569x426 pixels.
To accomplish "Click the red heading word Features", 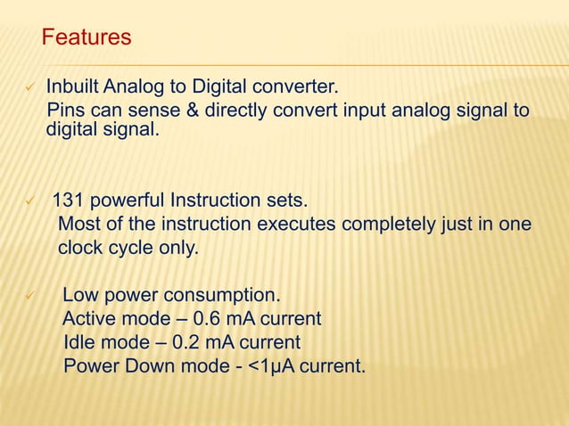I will coord(87,38).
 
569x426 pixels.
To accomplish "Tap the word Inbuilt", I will coord(73,89).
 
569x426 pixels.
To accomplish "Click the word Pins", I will coord(65,111).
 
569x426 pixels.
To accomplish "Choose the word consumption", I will coord(225,295).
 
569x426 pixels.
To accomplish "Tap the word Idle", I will coord(81,343).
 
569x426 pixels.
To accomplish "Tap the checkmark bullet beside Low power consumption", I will coord(30,296).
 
